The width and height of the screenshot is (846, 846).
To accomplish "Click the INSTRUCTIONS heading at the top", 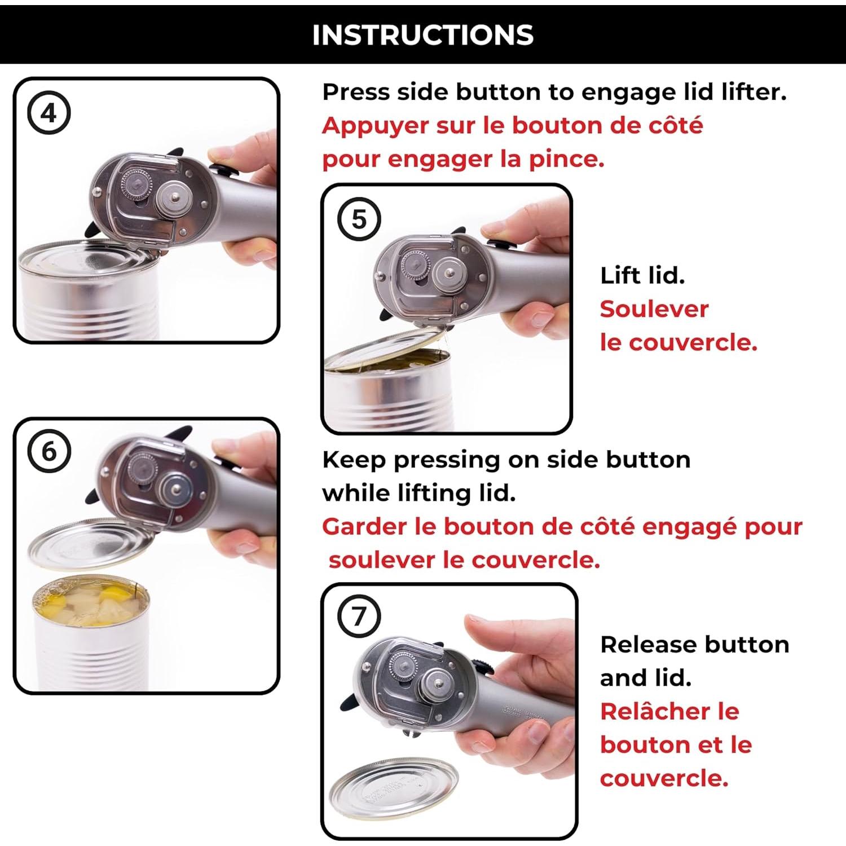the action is pyautogui.click(x=422, y=35).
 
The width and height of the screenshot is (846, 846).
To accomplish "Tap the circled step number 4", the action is pyautogui.click(x=49, y=113).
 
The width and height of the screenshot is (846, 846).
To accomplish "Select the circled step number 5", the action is pyautogui.click(x=359, y=219).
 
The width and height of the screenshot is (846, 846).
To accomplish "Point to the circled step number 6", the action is pyautogui.click(x=49, y=452).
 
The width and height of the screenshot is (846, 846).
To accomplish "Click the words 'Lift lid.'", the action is pyautogui.click(x=642, y=276).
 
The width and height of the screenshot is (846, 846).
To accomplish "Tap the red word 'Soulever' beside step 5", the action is pyautogui.click(x=654, y=309).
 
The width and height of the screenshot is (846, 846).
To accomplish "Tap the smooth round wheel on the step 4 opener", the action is pyautogui.click(x=175, y=197).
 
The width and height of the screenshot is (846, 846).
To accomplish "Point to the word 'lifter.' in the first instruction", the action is pyautogui.click(x=754, y=92).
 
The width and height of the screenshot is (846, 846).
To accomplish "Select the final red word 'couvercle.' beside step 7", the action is pyautogui.click(x=664, y=778).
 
